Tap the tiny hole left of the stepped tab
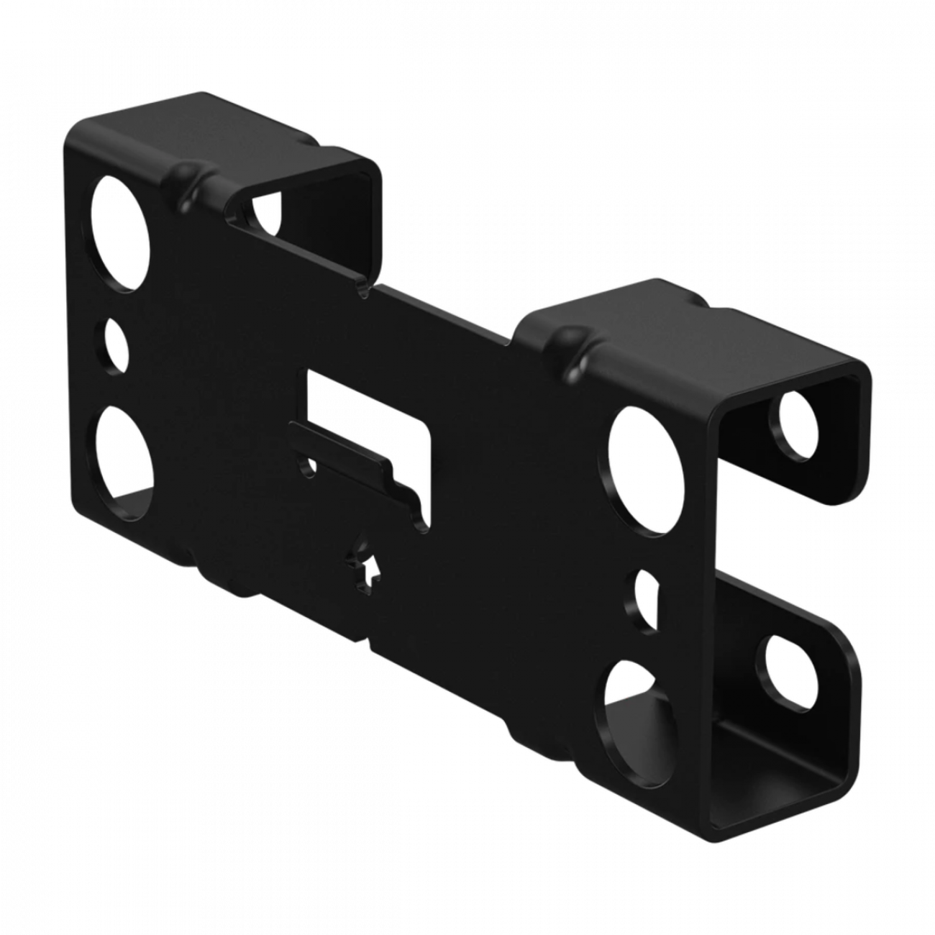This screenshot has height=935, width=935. tap(307, 468)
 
